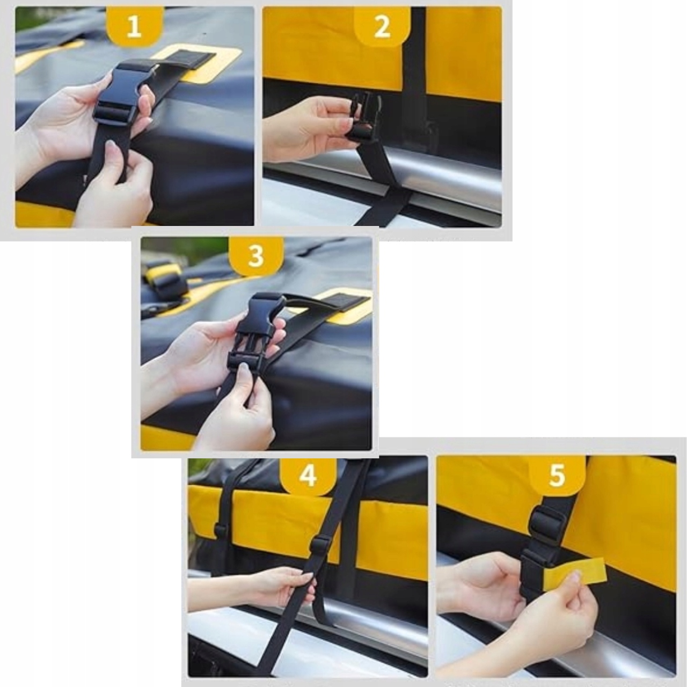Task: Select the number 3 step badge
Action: point(256,255)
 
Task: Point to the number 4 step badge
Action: point(308,476)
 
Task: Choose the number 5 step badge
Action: point(557,476)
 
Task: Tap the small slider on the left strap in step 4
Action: point(220,531)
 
